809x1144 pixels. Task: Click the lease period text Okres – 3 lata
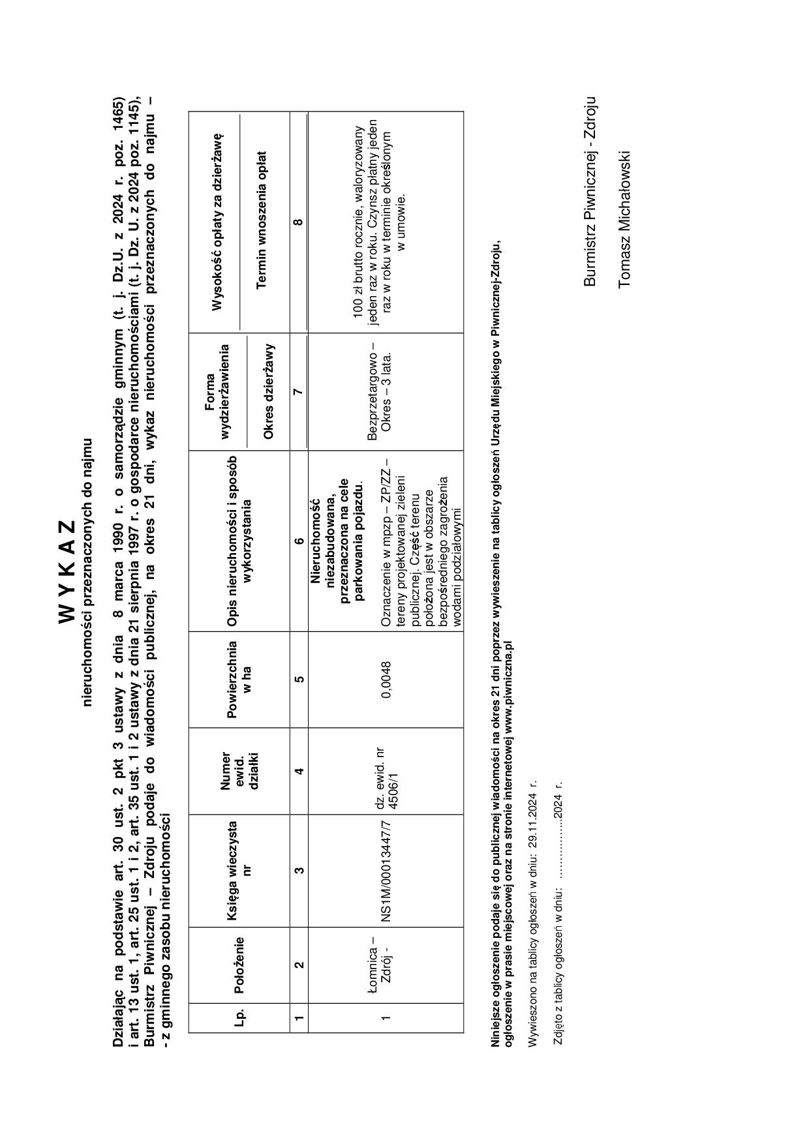[x=386, y=391]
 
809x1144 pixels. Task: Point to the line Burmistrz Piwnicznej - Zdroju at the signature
[x=589, y=192]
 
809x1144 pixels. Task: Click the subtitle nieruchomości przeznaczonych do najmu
[x=87, y=571]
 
